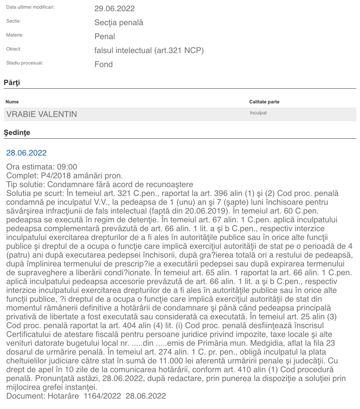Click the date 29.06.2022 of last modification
coord(114,9)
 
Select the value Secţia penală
coord(119,23)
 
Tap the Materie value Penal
coord(105,37)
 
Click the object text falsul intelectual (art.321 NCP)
coord(149,50)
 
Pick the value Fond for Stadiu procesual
coord(103,64)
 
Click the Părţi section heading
coord(12,82)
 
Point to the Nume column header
coord(12,102)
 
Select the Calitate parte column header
coord(264,102)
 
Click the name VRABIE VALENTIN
coord(42,114)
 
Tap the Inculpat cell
coord(258,113)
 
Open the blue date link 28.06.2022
coord(26,153)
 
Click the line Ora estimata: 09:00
coord(42,167)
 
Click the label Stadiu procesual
coord(24,63)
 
